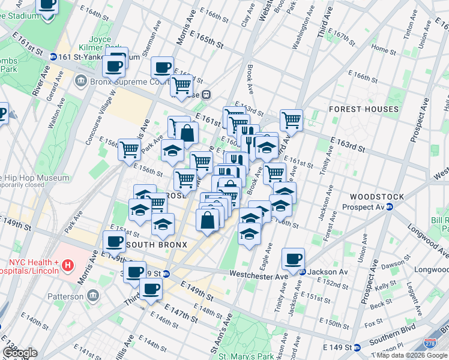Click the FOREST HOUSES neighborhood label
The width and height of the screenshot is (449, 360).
363,109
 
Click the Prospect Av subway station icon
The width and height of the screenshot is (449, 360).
389,207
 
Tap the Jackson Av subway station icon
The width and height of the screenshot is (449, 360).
303,272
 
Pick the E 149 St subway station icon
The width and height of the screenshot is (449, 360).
357,347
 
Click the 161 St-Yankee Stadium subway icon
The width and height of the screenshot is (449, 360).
53,56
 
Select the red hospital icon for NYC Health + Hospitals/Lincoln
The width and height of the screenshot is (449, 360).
68,265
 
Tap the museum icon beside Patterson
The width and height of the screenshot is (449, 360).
93,296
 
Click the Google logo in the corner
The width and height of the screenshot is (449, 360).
19,353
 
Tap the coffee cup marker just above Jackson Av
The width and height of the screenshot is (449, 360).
293,259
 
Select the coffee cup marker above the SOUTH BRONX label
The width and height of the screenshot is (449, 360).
113,242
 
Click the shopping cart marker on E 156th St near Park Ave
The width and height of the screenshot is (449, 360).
129,150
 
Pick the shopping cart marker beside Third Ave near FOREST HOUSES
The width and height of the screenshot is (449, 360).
291,120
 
